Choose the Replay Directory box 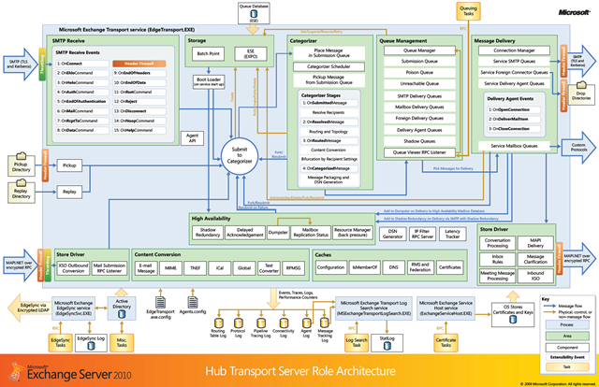21,193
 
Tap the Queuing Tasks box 469,11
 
